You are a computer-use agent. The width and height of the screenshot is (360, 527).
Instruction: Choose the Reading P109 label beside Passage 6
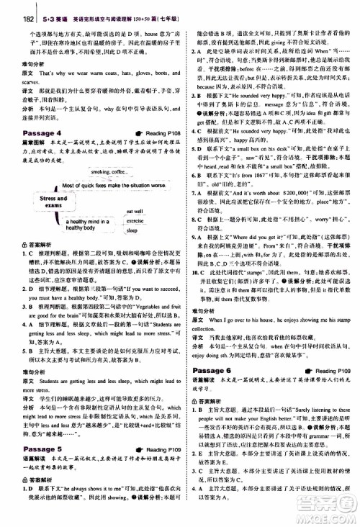tap(336, 329)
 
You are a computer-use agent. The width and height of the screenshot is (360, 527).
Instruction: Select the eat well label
tap(135, 192)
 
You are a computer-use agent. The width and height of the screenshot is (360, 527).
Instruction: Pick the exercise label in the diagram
tap(135, 201)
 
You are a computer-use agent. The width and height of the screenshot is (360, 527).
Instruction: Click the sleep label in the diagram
tap(131, 212)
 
